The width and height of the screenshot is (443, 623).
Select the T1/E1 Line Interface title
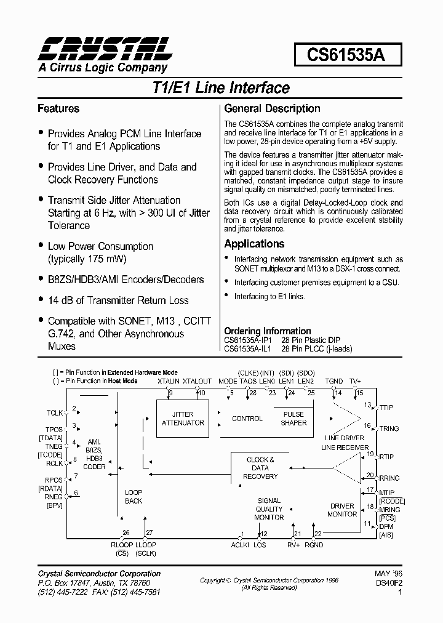coord(220,87)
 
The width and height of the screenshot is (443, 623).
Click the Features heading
coord(58,109)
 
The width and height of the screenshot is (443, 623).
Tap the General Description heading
coord(272,109)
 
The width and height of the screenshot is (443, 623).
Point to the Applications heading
coord(254,244)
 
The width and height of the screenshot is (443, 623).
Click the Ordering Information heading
coord(267,331)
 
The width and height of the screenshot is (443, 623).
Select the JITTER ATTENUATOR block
coord(183,419)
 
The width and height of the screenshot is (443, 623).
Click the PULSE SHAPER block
coord(293,419)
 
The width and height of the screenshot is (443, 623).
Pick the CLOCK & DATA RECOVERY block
coord(260,468)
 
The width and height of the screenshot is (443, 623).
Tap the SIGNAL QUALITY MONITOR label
coord(269,509)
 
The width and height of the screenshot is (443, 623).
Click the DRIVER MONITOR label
coord(342,510)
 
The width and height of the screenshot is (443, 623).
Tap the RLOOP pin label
coord(122,544)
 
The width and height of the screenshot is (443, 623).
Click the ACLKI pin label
coord(240,545)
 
